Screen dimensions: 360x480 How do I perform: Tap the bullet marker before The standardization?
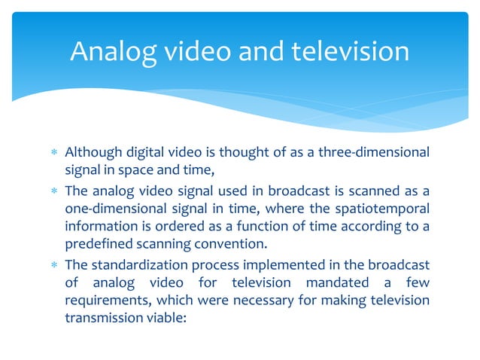point(53,266)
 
